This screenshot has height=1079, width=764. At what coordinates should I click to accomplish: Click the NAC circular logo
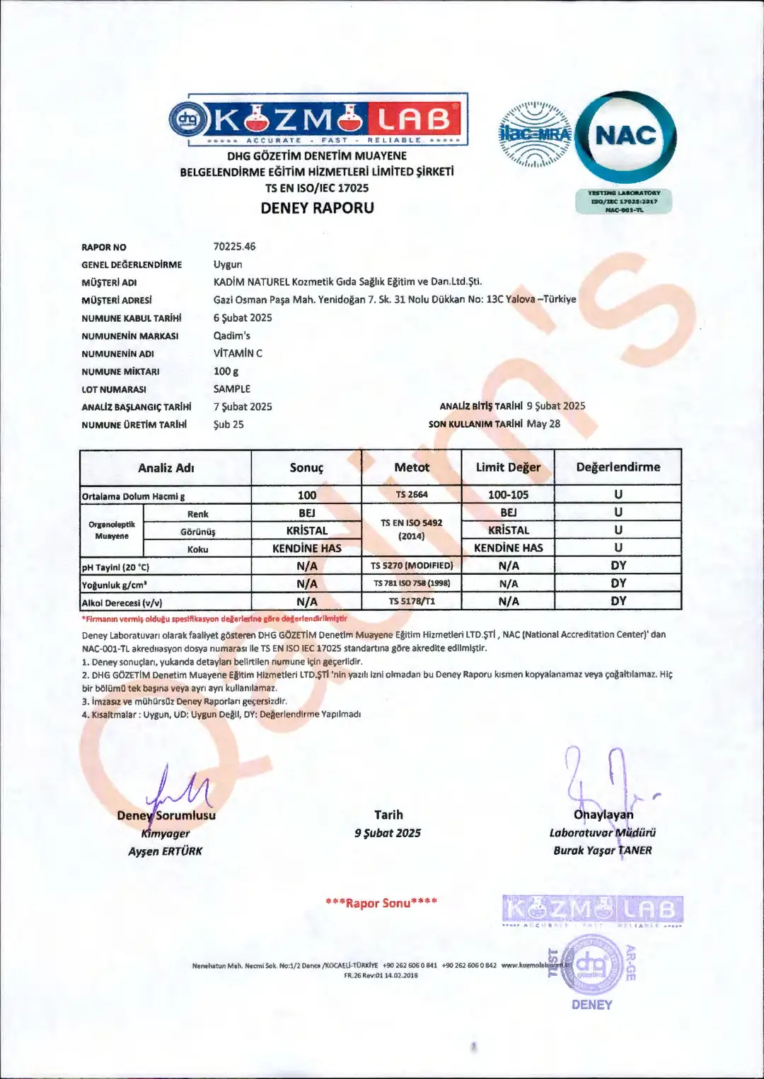pyautogui.click(x=625, y=136)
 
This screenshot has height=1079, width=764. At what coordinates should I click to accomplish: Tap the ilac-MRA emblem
pyautogui.click(x=535, y=134)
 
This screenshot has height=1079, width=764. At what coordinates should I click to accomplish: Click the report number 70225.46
pyautogui.click(x=234, y=247)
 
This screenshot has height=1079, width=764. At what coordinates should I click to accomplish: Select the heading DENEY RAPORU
pyautogui.click(x=317, y=208)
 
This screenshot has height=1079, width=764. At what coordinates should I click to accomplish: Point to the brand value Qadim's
pyautogui.click(x=232, y=336)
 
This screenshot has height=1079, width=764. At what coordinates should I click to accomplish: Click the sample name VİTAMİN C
pyautogui.click(x=238, y=354)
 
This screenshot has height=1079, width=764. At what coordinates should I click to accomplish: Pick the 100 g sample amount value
pyautogui.click(x=226, y=371)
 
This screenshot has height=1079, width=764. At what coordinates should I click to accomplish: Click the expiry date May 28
pyautogui.click(x=543, y=424)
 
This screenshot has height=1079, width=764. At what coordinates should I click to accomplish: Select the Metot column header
pyautogui.click(x=412, y=467)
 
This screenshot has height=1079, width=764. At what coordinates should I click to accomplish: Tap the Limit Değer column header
pyautogui.click(x=508, y=467)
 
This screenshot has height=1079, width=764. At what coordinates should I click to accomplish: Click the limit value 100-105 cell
pyautogui.click(x=508, y=495)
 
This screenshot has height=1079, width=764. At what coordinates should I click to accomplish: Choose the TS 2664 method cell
pyautogui.click(x=412, y=495)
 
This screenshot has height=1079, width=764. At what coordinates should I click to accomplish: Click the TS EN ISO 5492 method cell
pyautogui.click(x=412, y=529)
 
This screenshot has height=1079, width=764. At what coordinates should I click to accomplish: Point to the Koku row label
pyautogui.click(x=198, y=549)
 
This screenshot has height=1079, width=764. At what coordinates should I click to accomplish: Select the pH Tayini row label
pyautogui.click(x=116, y=567)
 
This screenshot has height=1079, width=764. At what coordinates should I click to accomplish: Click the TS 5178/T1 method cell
pyautogui.click(x=412, y=602)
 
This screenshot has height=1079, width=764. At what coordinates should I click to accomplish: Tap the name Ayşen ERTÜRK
pyautogui.click(x=166, y=851)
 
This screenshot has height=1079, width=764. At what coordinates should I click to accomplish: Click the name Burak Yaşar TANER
pyautogui.click(x=603, y=851)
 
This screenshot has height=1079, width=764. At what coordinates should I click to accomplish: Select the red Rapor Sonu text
pyautogui.click(x=381, y=903)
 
